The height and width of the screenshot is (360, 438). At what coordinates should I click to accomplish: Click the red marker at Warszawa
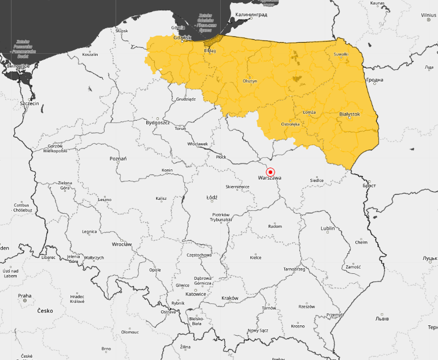(x=270, y=172)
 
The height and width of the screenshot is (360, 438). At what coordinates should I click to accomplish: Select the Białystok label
(x=350, y=114)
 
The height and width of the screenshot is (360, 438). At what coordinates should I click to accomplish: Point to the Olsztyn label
(x=250, y=81)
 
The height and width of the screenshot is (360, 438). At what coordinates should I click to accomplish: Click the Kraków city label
(x=229, y=298)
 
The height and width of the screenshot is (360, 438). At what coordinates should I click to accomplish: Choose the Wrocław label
(x=121, y=244)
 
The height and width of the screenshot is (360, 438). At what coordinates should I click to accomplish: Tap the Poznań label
(x=118, y=158)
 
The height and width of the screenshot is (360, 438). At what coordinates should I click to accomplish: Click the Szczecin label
(x=29, y=103)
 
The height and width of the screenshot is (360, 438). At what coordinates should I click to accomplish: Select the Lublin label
(x=328, y=228)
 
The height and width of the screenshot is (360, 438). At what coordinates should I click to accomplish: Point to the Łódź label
(x=212, y=198)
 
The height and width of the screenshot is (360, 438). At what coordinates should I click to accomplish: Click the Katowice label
(x=196, y=294)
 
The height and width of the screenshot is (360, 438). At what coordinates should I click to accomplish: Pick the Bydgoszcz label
(x=158, y=123)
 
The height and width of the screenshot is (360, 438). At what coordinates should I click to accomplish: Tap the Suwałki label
(x=341, y=54)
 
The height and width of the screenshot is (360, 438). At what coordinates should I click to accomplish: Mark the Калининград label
(x=251, y=14)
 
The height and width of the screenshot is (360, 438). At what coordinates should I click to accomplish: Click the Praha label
(x=24, y=296)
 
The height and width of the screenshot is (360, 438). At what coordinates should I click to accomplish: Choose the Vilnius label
(x=428, y=14)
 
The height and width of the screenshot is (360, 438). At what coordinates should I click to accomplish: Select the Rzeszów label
(x=307, y=306)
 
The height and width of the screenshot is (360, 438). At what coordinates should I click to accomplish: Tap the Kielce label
(x=255, y=257)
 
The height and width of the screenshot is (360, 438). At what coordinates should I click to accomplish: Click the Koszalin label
(x=90, y=54)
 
